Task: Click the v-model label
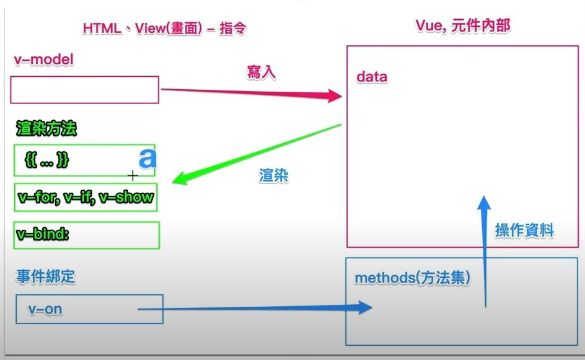pyautogui.click(x=43, y=59)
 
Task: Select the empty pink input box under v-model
pyautogui.click(x=84, y=90)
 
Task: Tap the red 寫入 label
pyautogui.click(x=261, y=72)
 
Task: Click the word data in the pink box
pyautogui.click(x=372, y=77)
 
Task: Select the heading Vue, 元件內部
pyautogui.click(x=462, y=26)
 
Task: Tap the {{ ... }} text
pyautogui.click(x=47, y=160)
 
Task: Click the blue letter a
pyautogui.click(x=147, y=159)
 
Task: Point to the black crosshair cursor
pyautogui.click(x=132, y=176)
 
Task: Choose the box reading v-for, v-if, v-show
pyautogui.click(x=86, y=198)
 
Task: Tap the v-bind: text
pyautogui.click(x=43, y=235)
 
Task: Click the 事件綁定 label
pyautogui.click(x=46, y=277)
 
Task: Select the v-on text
pyautogui.click(x=45, y=309)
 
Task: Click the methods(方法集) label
pyautogui.click(x=412, y=278)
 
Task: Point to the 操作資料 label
pyautogui.click(x=524, y=231)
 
